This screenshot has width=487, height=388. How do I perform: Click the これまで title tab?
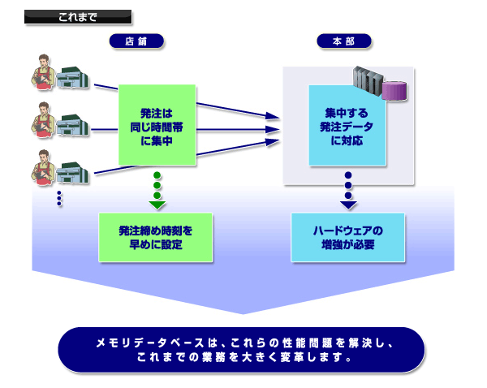pos(78,16)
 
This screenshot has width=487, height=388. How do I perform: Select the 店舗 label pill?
pos(136,40)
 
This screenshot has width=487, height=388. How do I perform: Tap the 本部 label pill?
pos(345,40)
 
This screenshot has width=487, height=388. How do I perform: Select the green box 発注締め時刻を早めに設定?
pos(155,237)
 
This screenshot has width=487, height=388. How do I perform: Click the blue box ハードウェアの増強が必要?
pos(347,237)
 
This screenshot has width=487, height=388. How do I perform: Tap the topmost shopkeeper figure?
pos(44,71)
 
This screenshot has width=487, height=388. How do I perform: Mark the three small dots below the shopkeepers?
pos(59,199)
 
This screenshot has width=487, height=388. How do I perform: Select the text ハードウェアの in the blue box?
pos(347,231)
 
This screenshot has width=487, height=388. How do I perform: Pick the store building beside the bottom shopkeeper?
pos(73,173)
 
